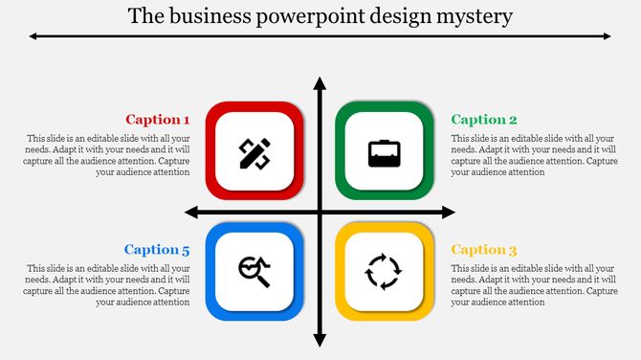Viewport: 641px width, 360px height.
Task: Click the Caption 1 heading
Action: point(158,120)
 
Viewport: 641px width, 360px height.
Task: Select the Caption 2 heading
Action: point(484,120)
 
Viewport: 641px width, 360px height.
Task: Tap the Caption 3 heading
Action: point(484,250)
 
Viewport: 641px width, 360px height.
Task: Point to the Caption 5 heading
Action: point(157,250)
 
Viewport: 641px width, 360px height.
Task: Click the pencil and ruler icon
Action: point(254,152)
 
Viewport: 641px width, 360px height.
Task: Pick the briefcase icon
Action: point(385,152)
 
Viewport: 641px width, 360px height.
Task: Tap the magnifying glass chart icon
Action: point(254,272)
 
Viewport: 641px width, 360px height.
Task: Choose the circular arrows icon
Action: point(385,272)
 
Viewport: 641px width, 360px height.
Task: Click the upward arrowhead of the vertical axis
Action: point(320,85)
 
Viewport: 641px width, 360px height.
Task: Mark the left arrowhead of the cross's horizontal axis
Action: point(191,212)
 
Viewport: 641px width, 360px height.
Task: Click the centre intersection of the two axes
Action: point(320,212)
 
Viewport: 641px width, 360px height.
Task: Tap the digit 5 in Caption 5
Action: point(186,251)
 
